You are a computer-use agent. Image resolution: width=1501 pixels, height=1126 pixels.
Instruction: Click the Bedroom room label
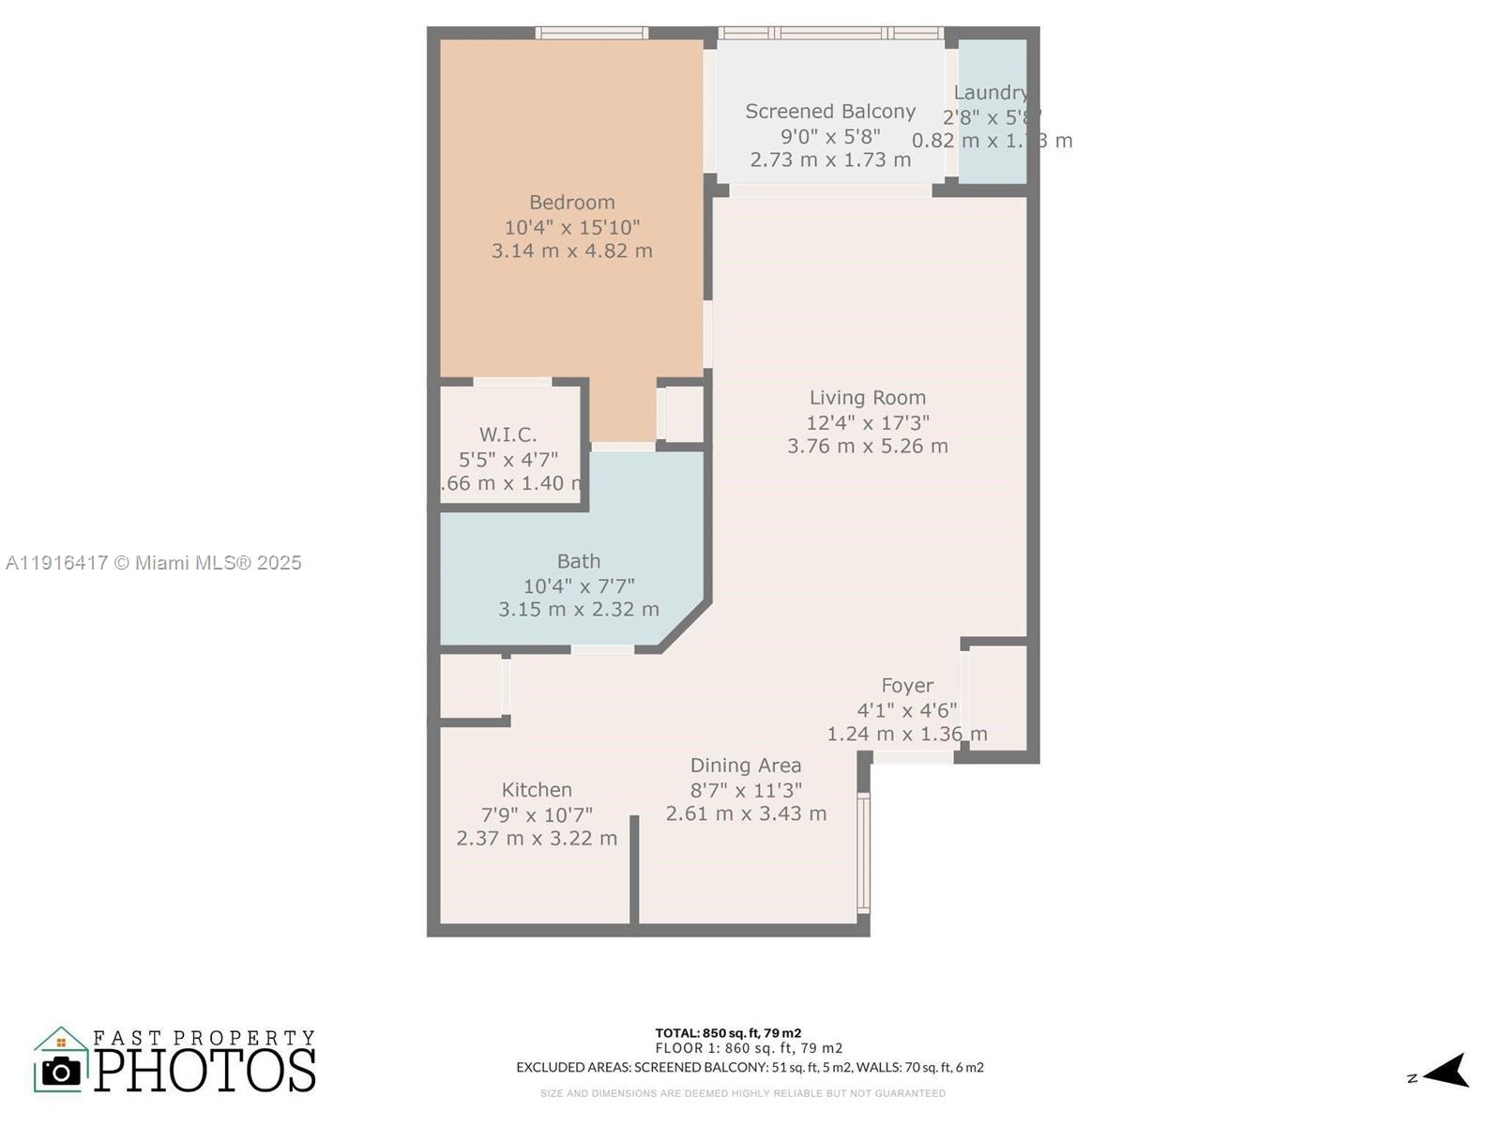571,203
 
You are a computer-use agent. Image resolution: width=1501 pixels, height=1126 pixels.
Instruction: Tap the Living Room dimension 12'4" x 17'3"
867,422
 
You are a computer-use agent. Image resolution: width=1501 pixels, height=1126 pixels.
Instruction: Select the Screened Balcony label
829,112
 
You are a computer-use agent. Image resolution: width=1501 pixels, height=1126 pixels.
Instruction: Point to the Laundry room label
990,93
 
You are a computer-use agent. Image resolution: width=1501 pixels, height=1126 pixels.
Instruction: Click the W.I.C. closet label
508,434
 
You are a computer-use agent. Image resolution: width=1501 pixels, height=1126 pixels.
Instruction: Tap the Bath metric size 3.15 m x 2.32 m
578,610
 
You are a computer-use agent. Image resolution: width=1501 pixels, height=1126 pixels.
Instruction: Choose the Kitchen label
536,790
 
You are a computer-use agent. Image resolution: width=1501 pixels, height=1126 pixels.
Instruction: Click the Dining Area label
745,766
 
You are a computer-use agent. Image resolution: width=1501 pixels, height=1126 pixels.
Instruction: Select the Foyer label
906,686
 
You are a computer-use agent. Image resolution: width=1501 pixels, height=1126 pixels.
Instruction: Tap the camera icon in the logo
62,1071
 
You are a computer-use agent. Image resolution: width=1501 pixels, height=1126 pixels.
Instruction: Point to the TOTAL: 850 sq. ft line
728,1033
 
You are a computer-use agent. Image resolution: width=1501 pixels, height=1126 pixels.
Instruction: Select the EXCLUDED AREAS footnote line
749,1067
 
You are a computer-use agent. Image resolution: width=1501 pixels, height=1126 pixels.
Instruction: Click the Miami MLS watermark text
153,563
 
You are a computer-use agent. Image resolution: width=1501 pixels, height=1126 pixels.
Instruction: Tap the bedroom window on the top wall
591,33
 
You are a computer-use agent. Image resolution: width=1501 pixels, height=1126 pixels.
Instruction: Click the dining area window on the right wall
863,852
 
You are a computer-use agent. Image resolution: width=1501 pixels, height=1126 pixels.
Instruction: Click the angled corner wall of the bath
685,627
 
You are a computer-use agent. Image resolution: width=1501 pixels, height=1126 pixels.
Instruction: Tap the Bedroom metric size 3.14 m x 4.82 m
571,251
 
